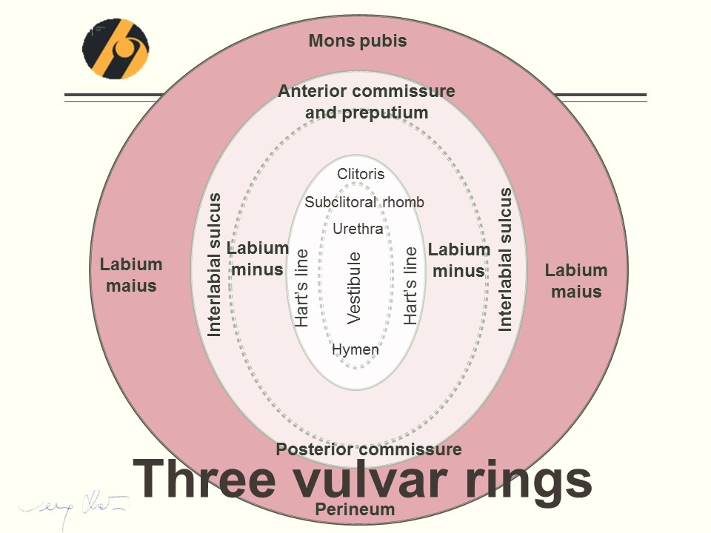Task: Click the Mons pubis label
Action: tap(358, 41)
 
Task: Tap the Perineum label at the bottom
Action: tap(355, 509)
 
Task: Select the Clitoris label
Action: tap(361, 174)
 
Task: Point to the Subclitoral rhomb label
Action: tap(364, 202)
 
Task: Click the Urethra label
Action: tap(358, 229)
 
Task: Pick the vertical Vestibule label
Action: tap(354, 287)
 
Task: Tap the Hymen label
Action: tap(355, 349)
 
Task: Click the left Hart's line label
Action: tap(302, 287)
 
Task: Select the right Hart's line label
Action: tap(411, 286)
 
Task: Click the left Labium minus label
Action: tap(258, 259)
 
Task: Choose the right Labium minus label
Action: tap(459, 261)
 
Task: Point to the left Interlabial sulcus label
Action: tap(214, 264)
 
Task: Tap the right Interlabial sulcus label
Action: tap(505, 259)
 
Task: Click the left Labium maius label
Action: tap(131, 275)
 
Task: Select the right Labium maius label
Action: tap(576, 281)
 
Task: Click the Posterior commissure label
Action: tap(369, 449)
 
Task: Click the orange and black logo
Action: tap(115, 49)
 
